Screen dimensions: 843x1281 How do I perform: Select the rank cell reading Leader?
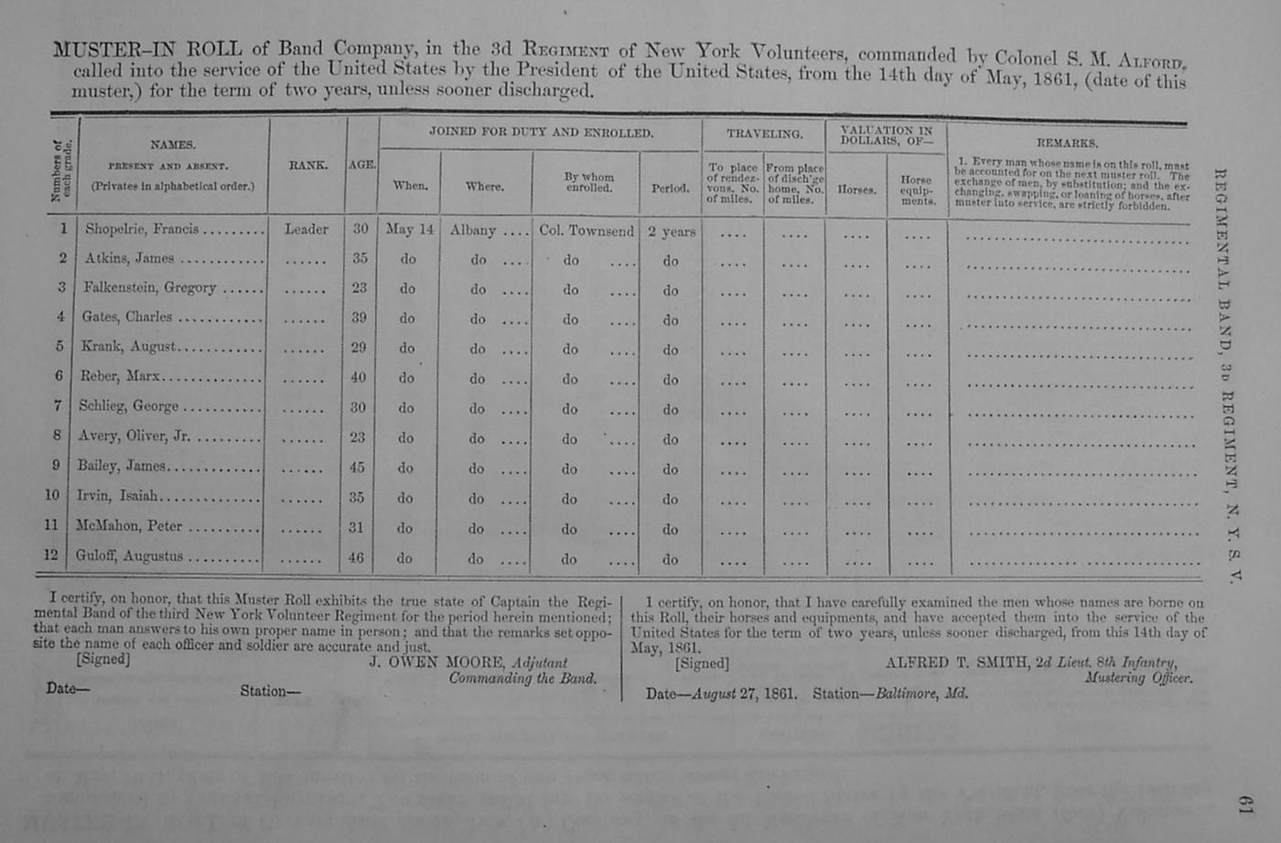pyautogui.click(x=306, y=230)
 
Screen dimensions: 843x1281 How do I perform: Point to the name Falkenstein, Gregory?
pyautogui.click(x=149, y=287)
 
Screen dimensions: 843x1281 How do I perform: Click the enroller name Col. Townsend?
pyautogui.click(x=586, y=231)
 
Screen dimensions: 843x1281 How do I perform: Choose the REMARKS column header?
pyautogui.click(x=1067, y=143)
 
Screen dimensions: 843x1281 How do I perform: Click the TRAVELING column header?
pyautogui.click(x=764, y=134)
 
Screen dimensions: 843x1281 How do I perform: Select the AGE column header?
pyautogui.click(x=361, y=165)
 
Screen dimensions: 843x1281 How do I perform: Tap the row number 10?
pyautogui.click(x=52, y=495)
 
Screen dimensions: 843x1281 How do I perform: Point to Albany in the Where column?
pyautogui.click(x=472, y=231)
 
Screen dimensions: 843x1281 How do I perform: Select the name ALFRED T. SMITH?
pyautogui.click(x=956, y=662)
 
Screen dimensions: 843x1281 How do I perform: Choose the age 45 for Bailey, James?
pyautogui.click(x=357, y=468)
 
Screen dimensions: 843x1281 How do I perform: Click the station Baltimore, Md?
pyautogui.click(x=921, y=694)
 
